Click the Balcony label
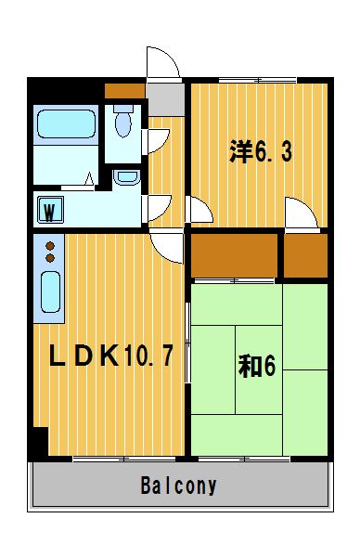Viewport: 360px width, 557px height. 178,486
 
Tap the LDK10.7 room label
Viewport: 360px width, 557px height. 110,356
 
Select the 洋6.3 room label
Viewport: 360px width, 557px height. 261,151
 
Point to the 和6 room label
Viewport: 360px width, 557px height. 257,367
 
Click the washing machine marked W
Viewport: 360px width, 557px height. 50,210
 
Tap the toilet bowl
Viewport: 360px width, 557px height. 123,122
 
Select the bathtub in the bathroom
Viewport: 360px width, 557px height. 66,123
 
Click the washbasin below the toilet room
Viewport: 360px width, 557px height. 127,177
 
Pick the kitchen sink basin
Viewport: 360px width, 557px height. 50,292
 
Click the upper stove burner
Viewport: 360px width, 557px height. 50,246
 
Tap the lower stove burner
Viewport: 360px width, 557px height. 50,258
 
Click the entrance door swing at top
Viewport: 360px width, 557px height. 163,62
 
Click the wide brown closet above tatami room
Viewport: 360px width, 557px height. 235,255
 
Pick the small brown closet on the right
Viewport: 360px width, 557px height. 305,255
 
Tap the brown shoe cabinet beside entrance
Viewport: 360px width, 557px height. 124,91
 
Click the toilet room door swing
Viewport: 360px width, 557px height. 156,141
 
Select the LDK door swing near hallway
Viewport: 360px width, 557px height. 167,247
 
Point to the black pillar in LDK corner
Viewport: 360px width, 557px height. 41,441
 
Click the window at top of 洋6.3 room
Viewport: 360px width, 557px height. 258,80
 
